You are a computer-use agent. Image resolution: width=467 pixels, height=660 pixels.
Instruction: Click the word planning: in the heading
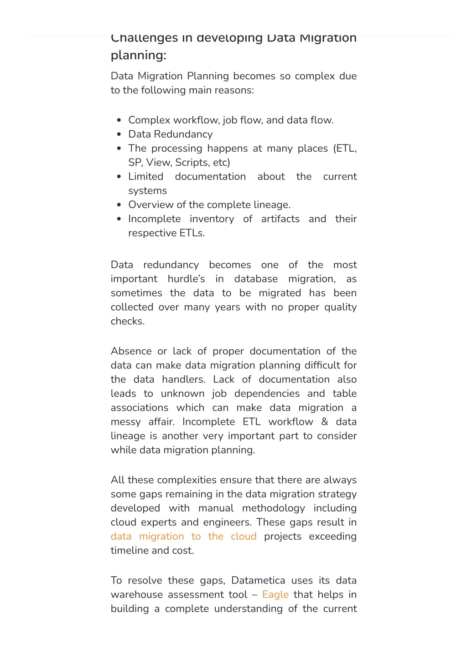click(x=138, y=55)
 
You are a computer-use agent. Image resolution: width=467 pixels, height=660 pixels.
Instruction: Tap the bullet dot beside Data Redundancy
click(x=119, y=134)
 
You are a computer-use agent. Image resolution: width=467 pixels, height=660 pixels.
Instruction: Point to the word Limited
click(x=145, y=177)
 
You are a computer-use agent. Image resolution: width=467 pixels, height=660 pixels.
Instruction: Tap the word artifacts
click(x=280, y=219)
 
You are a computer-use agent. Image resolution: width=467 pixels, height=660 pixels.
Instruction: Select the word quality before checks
click(x=340, y=307)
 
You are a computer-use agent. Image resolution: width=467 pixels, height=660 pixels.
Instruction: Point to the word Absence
click(x=131, y=351)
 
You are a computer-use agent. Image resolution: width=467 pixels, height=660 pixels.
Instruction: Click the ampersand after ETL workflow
click(x=325, y=422)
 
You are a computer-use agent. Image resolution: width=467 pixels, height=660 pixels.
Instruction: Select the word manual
click(x=216, y=508)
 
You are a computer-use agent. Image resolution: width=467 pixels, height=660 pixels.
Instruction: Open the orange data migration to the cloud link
click(x=183, y=537)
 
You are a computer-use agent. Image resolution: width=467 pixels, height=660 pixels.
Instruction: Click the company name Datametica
click(x=258, y=581)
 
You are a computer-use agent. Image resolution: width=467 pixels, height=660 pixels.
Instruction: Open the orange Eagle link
click(x=275, y=595)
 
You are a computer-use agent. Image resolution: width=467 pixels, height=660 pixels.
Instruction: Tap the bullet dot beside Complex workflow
click(x=119, y=120)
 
